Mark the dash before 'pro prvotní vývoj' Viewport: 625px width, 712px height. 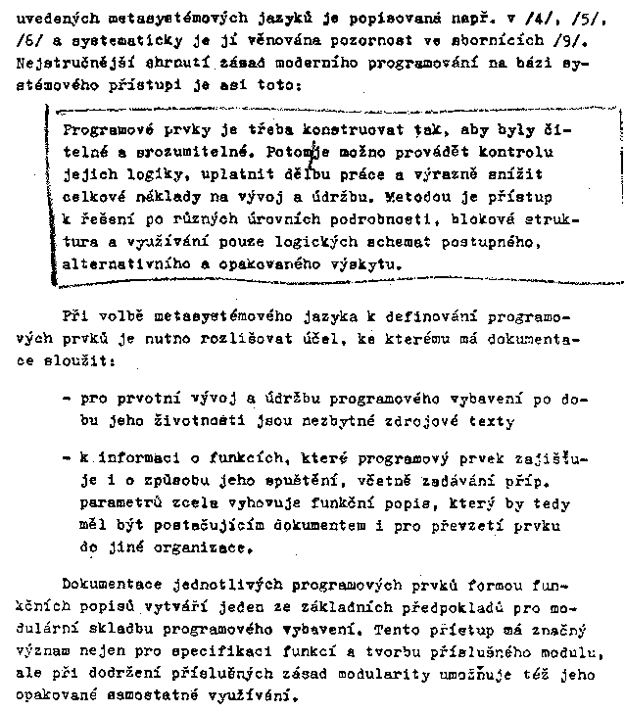(67, 400)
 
